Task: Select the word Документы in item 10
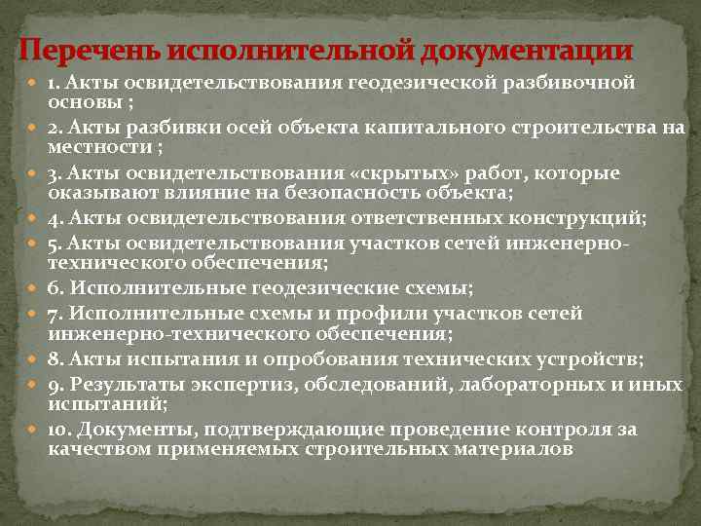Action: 131,431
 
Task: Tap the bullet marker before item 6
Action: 34,287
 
